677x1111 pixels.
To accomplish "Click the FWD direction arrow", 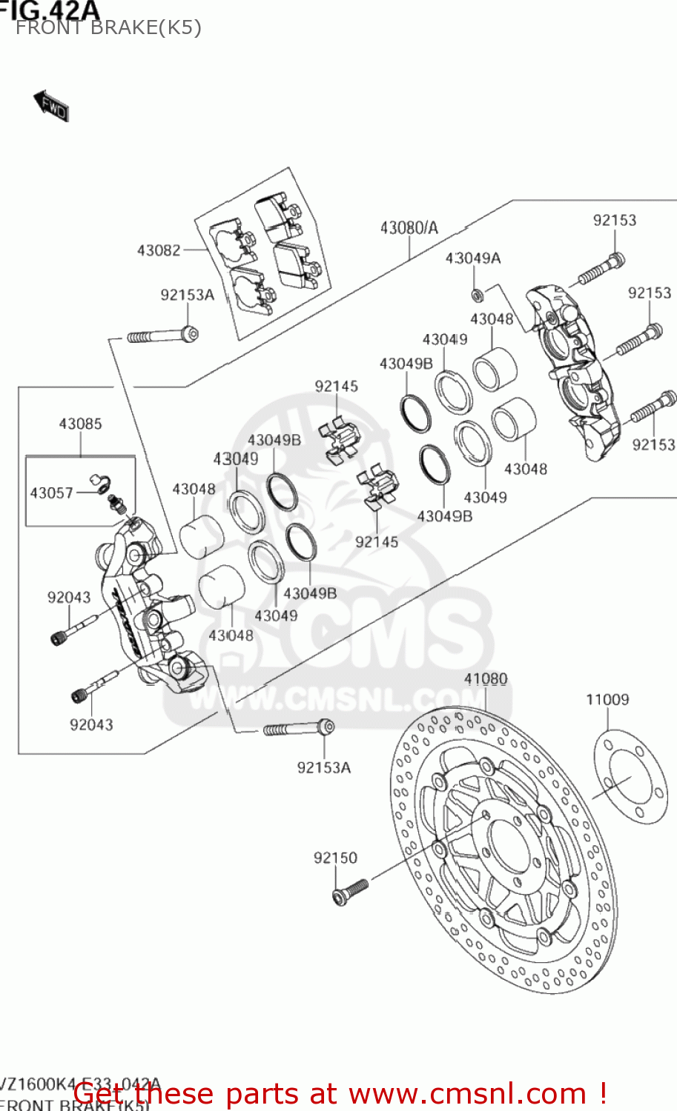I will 50,106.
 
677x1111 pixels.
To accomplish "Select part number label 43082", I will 159,250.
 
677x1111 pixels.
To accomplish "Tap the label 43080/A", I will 409,228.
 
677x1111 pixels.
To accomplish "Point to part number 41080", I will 486,679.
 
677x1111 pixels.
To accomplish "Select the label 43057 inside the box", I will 51,493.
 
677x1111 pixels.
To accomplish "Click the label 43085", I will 80,424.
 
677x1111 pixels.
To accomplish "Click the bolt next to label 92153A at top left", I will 162,336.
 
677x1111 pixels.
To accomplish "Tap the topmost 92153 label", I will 614,220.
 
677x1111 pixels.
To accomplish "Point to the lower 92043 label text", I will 91,724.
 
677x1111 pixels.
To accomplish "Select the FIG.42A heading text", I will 49,9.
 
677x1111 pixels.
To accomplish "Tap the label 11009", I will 607,699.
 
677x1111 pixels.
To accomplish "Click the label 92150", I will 335,858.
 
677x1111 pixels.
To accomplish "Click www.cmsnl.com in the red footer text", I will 467,1094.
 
